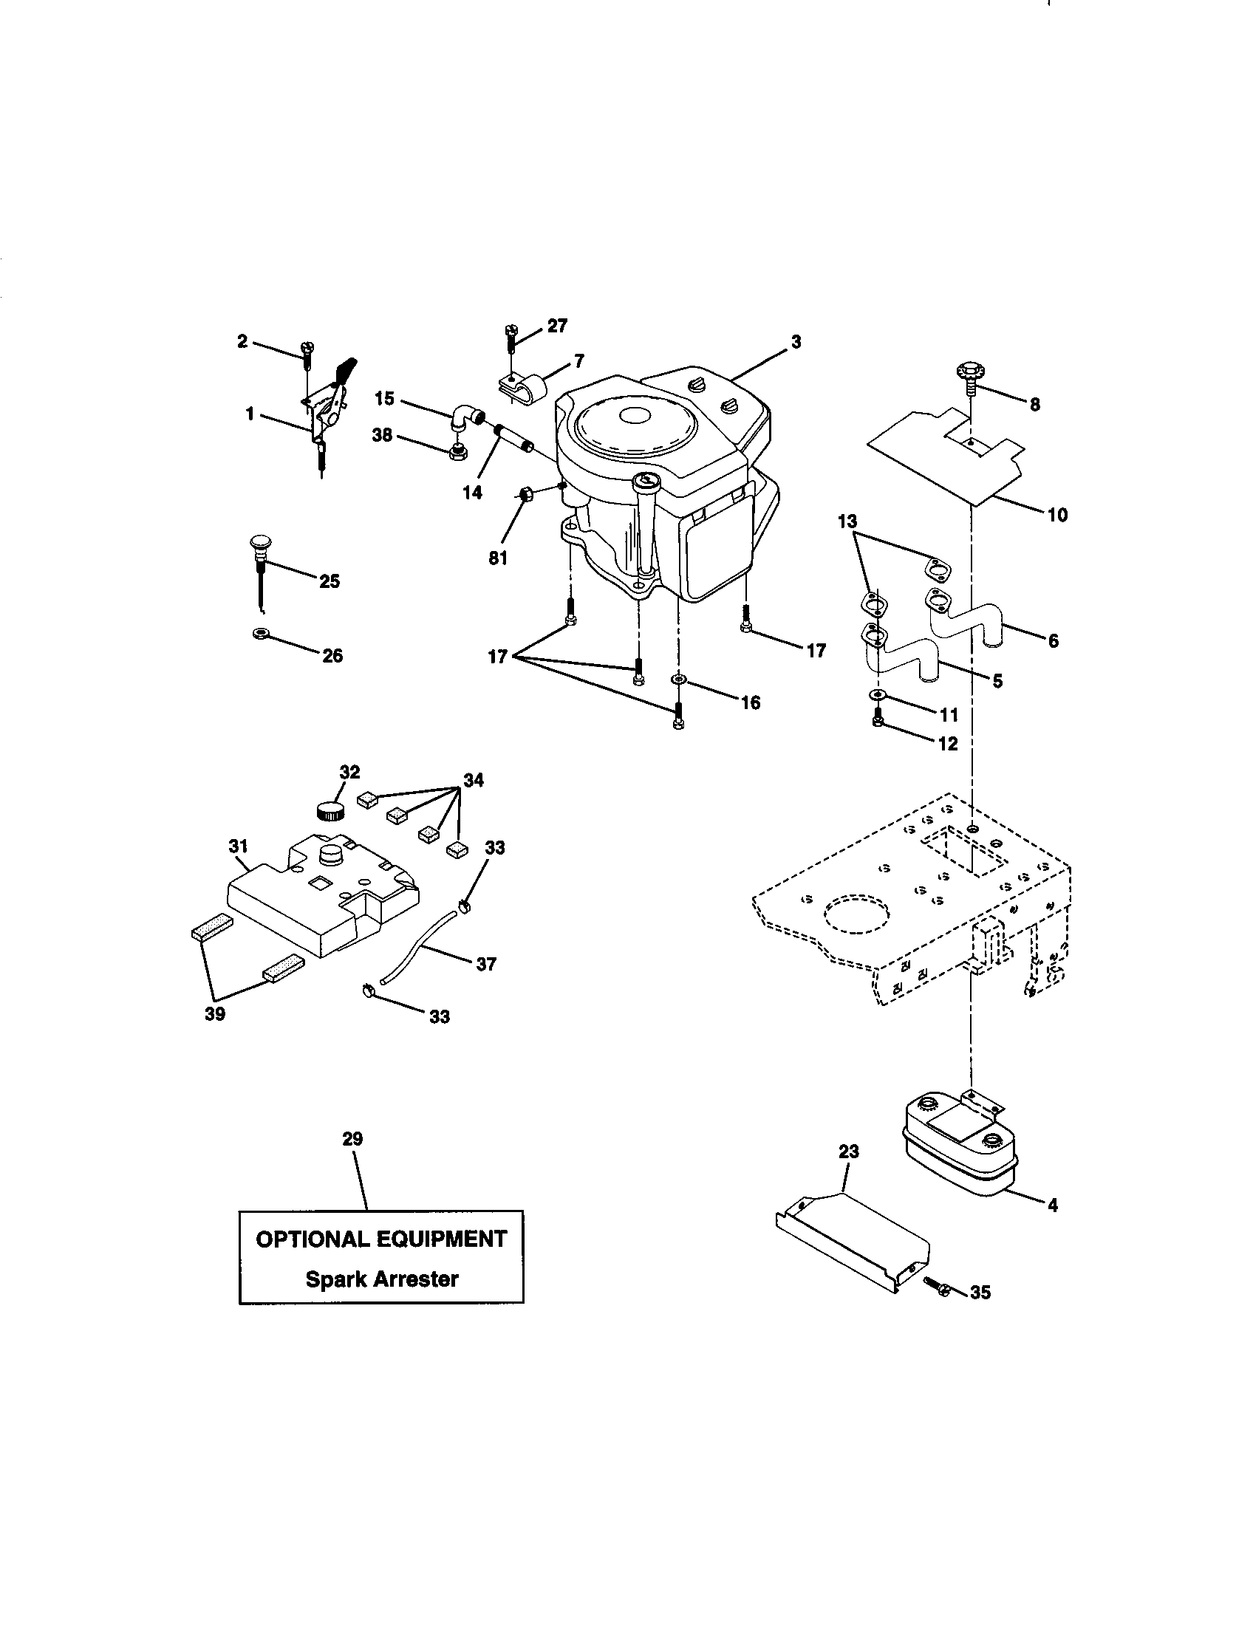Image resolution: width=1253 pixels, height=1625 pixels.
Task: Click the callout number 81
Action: pos(498,557)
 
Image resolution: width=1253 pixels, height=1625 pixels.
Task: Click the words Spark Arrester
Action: pos(382,1279)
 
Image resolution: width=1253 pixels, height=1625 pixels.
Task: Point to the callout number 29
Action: pos(352,1138)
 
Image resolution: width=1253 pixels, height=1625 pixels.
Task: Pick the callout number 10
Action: pos(1056,514)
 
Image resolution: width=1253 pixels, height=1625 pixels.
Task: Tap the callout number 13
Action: pos(847,521)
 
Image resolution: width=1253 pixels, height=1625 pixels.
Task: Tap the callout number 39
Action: pos(215,1013)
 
